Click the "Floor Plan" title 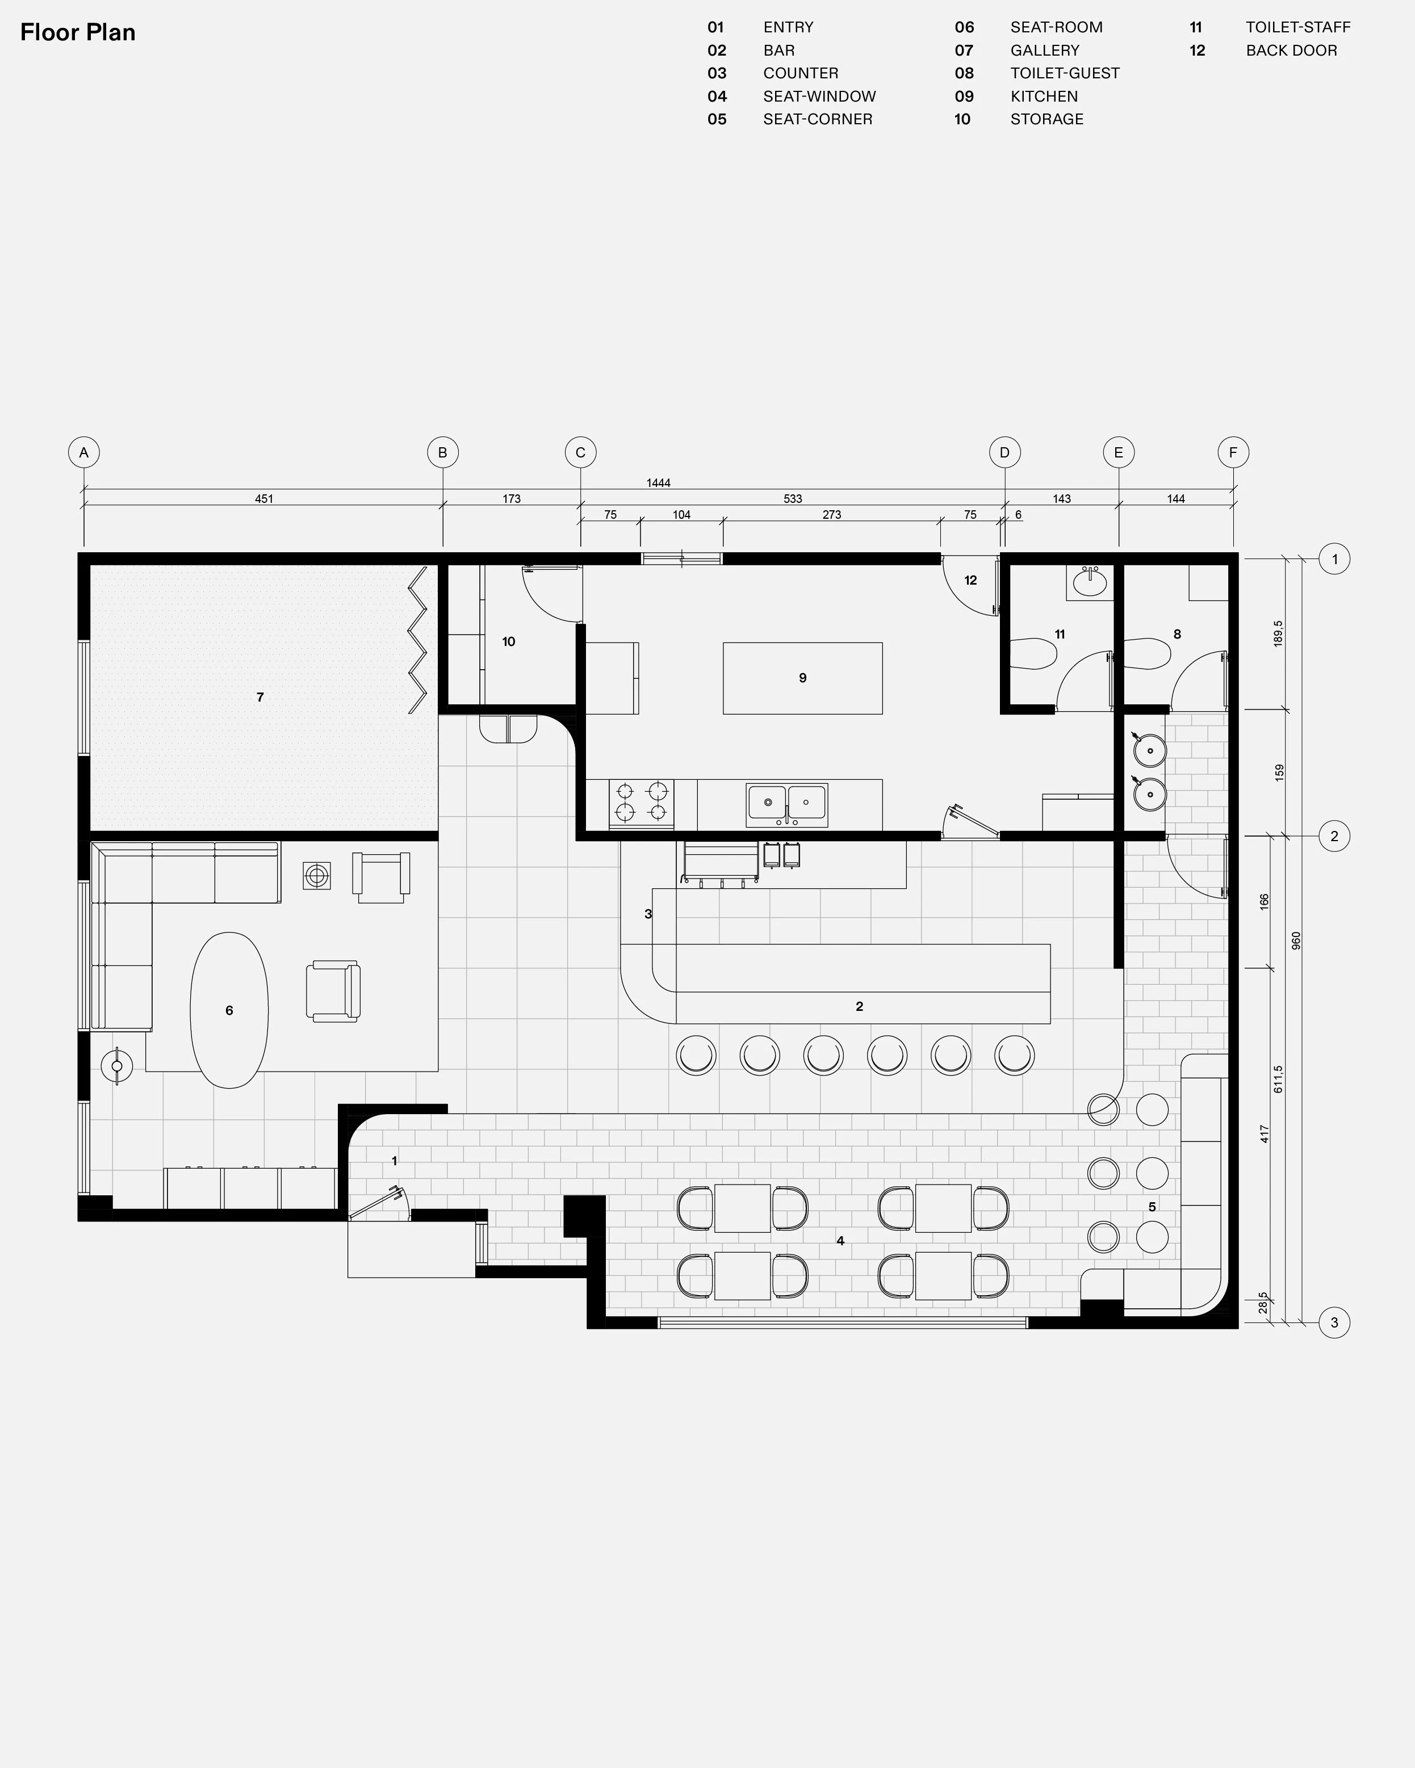point(78,33)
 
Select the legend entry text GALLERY point(1044,50)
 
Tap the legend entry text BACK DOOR point(1291,50)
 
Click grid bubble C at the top point(581,453)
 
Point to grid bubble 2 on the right point(1334,837)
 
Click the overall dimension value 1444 point(658,483)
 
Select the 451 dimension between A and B point(264,498)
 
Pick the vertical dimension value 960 point(1296,940)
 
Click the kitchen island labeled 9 point(802,678)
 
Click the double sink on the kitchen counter point(786,804)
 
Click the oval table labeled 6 point(229,1010)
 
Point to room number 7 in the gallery point(260,697)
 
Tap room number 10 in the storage point(509,641)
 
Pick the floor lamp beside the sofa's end point(116,1066)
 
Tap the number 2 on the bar point(860,1006)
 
